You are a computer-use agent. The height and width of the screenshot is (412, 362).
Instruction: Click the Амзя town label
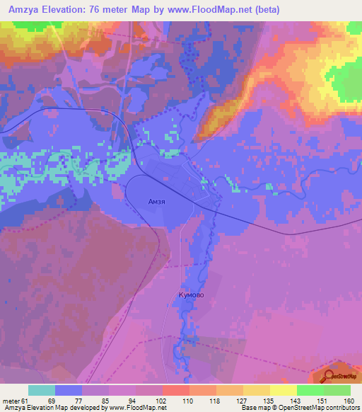(x=156, y=201)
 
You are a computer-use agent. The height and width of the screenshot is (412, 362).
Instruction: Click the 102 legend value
(x=161, y=400)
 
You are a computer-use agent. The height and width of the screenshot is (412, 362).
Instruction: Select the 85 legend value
(x=106, y=400)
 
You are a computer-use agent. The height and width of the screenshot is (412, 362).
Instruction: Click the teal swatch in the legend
(x=42, y=390)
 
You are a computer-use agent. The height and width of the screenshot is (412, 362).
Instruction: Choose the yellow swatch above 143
(x=283, y=390)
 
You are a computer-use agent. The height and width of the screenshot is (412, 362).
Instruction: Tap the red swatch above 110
(x=175, y=390)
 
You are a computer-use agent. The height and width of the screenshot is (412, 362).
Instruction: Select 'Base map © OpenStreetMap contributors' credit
(x=299, y=408)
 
